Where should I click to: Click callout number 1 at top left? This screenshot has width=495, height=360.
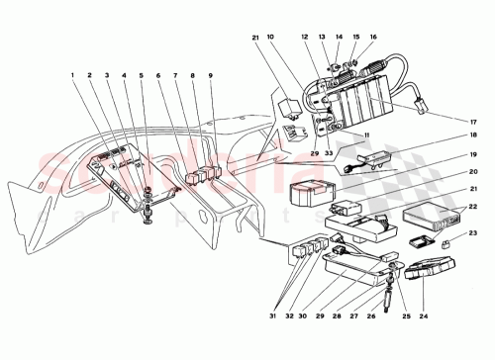71,75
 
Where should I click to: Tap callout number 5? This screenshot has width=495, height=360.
143,75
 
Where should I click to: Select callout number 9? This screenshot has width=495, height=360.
211,75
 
